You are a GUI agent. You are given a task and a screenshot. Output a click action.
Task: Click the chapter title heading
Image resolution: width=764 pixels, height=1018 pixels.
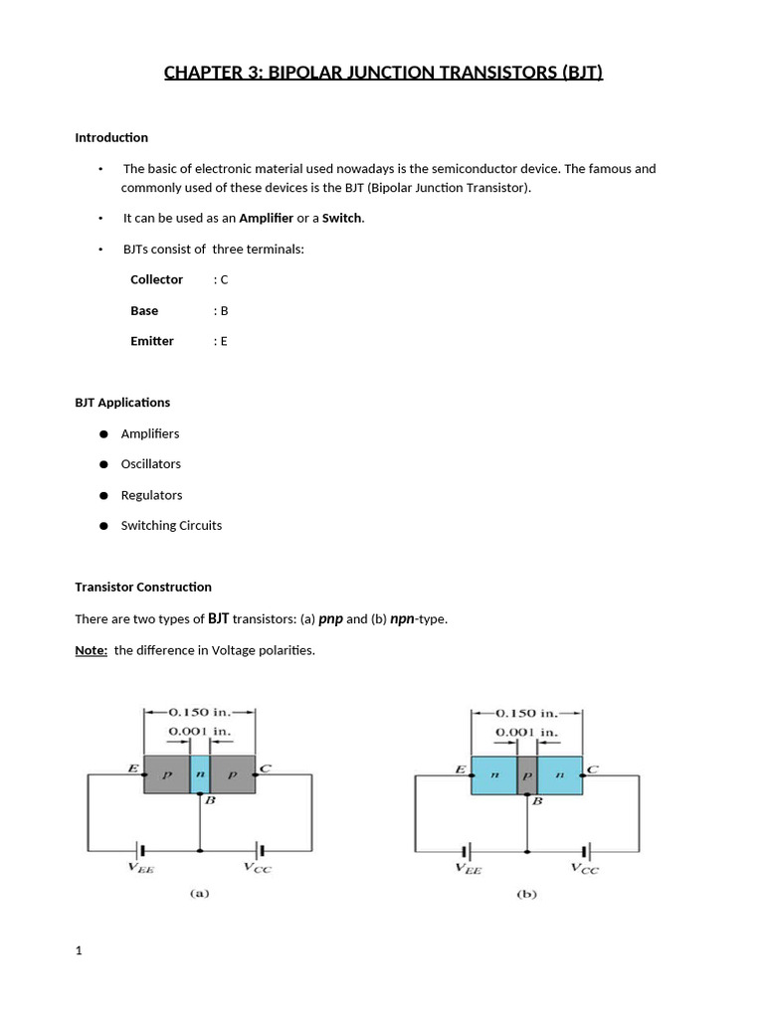[x=383, y=73]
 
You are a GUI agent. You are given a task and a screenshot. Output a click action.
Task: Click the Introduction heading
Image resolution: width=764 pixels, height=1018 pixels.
[x=111, y=137]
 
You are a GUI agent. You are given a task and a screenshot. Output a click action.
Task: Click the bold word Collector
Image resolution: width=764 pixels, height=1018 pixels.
[x=156, y=279]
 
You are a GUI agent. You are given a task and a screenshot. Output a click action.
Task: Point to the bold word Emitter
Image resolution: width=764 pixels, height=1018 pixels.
[x=151, y=341]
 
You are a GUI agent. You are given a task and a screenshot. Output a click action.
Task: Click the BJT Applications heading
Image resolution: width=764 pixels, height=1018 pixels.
[x=122, y=403]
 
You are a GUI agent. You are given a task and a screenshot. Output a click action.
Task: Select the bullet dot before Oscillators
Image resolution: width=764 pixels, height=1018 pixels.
[x=103, y=464]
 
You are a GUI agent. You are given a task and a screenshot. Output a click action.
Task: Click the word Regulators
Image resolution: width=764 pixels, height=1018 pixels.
[x=151, y=495]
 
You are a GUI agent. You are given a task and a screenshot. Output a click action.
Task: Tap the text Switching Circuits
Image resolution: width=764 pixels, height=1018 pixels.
[x=171, y=525]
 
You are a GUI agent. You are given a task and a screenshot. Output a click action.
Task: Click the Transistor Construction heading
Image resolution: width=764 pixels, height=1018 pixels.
[x=143, y=587]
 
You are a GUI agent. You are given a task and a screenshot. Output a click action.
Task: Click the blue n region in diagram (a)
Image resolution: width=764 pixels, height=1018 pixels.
[x=200, y=772]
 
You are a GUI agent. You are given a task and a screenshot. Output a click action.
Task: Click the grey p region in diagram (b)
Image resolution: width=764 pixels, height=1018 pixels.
[x=526, y=772]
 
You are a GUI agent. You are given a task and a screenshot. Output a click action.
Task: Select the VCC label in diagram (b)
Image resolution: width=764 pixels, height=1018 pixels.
[x=584, y=868]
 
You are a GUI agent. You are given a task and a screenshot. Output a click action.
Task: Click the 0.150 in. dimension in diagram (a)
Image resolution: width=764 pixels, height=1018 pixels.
[x=199, y=712]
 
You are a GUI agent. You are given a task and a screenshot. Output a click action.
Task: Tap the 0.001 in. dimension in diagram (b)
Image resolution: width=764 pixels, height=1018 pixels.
[x=526, y=732]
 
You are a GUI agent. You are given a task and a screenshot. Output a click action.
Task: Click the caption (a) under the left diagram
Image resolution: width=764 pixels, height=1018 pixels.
[x=199, y=893]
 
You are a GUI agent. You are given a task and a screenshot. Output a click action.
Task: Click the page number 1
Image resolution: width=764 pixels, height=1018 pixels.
[x=79, y=951]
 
